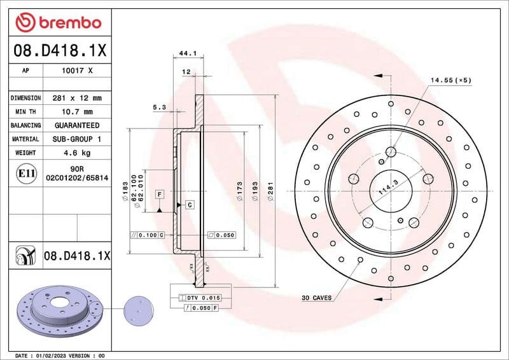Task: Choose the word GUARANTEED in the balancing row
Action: [x=76, y=125]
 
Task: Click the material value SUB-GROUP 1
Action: [x=76, y=139]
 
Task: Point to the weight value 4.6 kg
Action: [x=76, y=153]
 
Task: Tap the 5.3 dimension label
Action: [x=159, y=107]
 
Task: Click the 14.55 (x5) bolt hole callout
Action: [x=450, y=80]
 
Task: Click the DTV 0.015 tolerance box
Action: [x=203, y=298]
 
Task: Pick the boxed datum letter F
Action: [x=158, y=193]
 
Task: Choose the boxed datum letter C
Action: [x=190, y=204]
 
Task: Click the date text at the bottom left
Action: [x=57, y=355]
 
